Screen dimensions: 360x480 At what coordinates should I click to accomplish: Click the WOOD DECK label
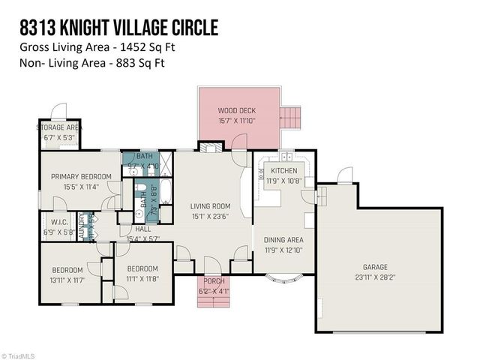click(237, 110)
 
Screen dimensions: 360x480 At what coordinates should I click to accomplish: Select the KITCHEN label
click(284, 171)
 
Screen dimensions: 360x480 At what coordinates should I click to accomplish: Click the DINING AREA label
click(283, 240)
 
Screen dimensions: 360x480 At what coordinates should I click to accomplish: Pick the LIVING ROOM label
click(210, 206)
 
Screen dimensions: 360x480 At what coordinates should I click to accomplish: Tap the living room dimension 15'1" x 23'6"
click(210, 217)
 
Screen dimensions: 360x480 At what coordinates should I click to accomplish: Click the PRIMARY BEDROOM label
click(81, 177)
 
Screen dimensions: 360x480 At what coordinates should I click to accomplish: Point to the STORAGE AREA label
click(59, 128)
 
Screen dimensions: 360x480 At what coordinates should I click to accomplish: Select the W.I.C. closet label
click(60, 222)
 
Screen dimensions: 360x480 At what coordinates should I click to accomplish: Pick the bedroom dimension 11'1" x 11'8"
click(142, 277)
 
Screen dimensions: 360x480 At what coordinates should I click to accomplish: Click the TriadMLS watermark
click(20, 355)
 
